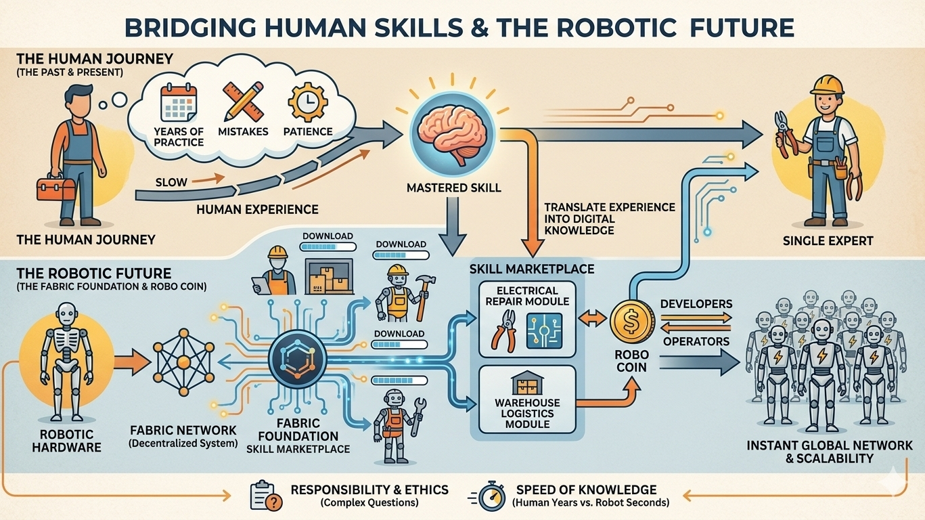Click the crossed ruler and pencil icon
(243, 102)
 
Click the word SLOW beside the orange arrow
(172, 182)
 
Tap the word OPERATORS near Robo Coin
(697, 341)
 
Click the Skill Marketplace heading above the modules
(532, 269)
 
